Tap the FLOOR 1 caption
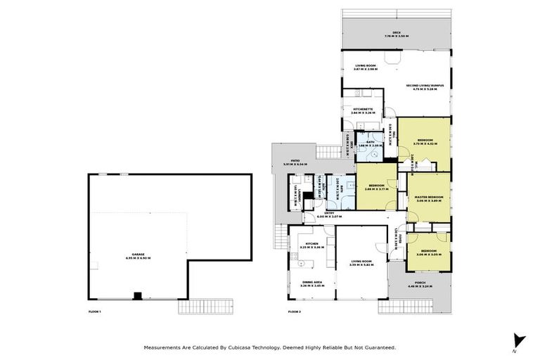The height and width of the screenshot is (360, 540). click(x=95, y=311)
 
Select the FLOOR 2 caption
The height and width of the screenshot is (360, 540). click(x=295, y=311)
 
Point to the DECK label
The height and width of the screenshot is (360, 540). click(x=397, y=33)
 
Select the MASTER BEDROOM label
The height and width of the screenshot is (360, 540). click(x=429, y=198)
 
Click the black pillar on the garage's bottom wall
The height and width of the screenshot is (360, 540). click(x=138, y=295)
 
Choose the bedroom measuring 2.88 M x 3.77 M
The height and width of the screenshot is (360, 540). click(x=377, y=187)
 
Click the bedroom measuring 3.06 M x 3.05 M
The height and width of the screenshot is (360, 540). click(x=429, y=252)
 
